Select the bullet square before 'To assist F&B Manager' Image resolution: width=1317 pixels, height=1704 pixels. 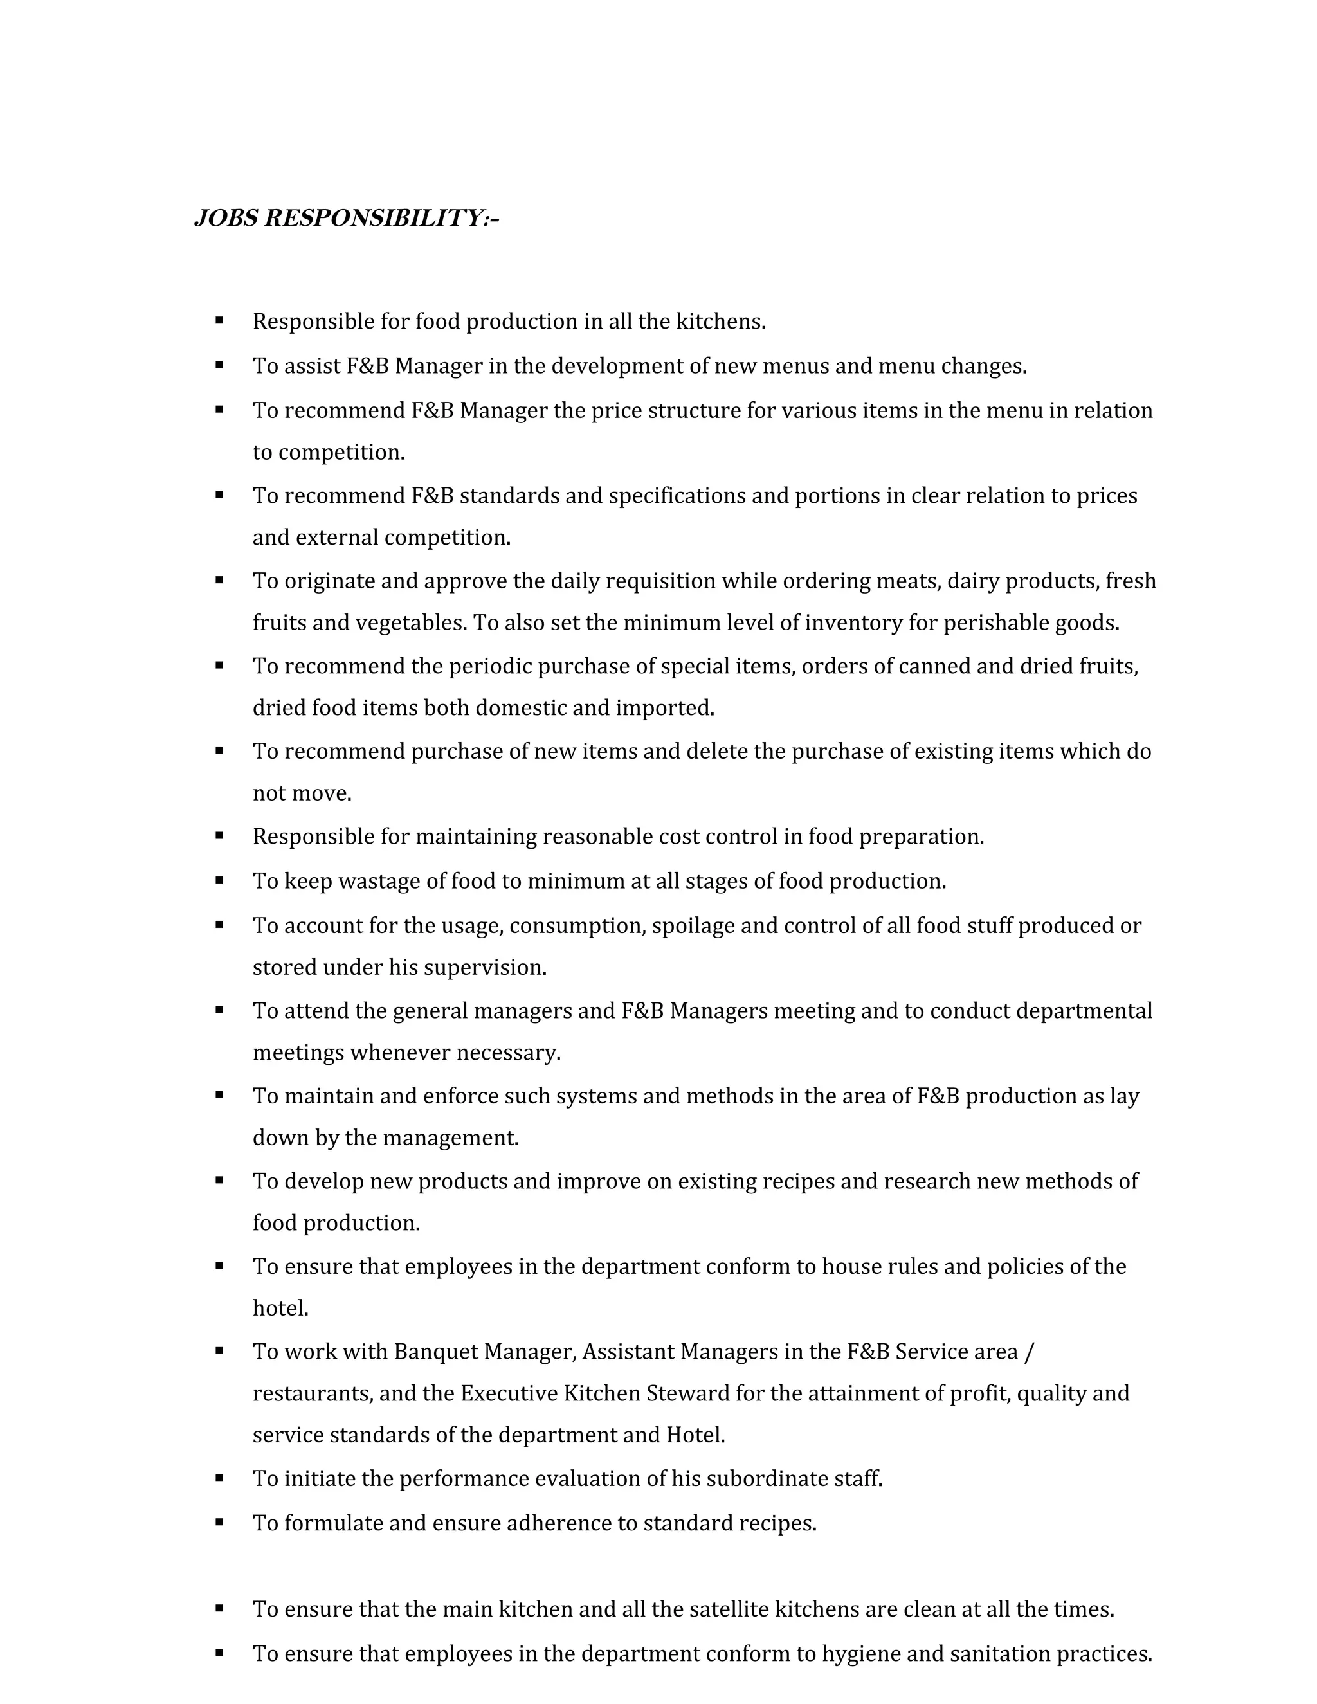(x=219, y=365)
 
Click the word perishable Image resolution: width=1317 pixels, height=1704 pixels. (x=996, y=623)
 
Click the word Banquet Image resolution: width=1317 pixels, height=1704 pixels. (x=435, y=1352)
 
